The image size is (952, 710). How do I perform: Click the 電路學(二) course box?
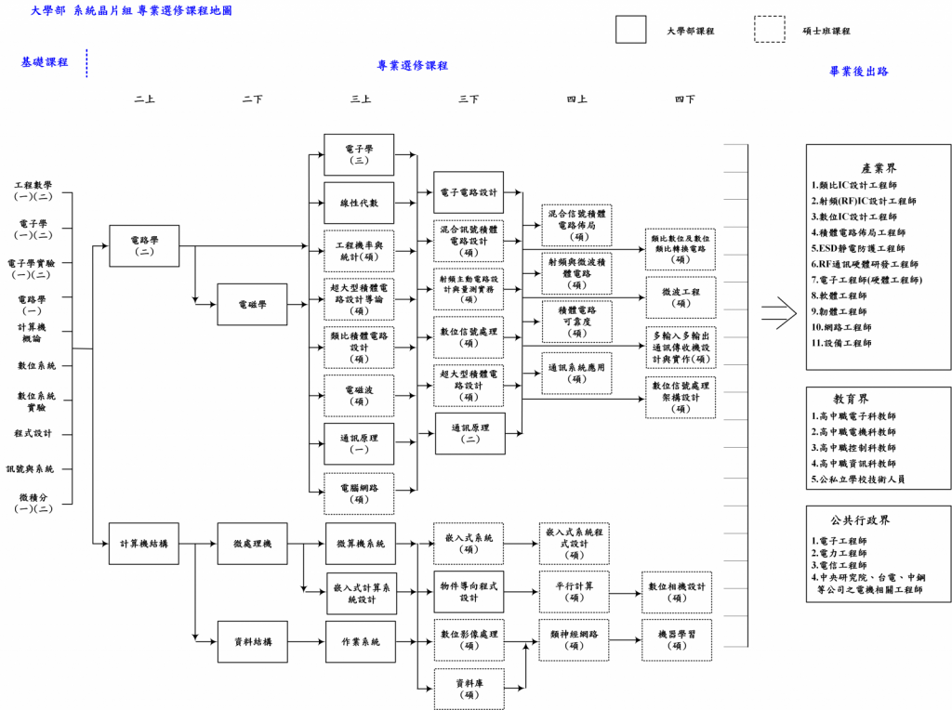pos(144,245)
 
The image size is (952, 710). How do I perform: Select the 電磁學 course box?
pos(252,304)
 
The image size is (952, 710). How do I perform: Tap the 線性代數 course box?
pos(359,203)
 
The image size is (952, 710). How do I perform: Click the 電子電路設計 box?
pos(469,192)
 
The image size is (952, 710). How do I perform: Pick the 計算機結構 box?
pos(144,544)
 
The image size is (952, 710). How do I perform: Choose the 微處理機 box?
pos(252,544)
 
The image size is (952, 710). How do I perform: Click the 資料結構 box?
pos(252,641)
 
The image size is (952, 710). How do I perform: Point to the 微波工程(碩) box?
pos(681,297)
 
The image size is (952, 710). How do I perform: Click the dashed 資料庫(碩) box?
pos(469,689)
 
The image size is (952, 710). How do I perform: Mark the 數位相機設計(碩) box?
pos(677,592)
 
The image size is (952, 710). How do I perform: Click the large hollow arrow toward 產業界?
pos(779,314)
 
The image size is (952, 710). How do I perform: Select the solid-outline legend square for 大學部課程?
pos(630,30)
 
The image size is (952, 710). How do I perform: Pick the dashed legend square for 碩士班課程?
pos(769,30)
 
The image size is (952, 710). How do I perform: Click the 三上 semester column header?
pos(361,99)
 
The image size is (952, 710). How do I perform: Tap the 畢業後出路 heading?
pos(859,71)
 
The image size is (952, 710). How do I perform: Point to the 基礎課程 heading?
pos(45,62)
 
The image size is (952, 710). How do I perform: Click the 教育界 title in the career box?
pos(878,399)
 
